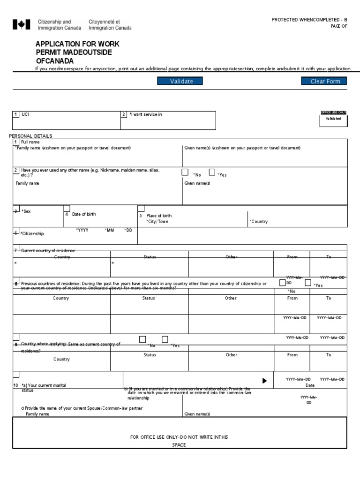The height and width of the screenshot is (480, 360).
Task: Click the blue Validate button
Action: tap(181, 81)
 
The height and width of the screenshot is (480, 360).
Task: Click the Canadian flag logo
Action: tap(21, 25)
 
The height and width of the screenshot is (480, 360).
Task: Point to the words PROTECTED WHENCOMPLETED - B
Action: tap(309, 19)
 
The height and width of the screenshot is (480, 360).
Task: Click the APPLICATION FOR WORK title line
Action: tap(77, 44)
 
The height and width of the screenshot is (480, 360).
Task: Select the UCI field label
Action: tap(26, 114)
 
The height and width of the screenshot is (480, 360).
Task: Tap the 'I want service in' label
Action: tap(146, 114)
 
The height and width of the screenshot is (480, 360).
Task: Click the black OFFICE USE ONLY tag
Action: tap(333, 112)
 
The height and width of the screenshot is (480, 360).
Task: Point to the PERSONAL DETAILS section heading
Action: tap(31, 136)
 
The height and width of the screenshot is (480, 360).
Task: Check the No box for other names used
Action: tap(185, 172)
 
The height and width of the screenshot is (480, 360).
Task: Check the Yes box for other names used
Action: tap(212, 172)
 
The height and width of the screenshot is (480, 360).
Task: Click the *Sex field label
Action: tap(26, 212)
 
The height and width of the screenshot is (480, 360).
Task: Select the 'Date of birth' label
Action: tap(84, 214)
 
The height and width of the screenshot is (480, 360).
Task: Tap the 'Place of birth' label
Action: tap(159, 216)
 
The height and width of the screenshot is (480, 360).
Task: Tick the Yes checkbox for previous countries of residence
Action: tap(308, 283)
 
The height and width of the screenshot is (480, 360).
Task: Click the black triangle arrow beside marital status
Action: tap(264, 381)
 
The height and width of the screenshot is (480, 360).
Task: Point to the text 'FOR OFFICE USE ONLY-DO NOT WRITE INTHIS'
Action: tap(179, 437)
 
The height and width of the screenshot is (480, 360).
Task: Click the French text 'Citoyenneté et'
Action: tap(104, 22)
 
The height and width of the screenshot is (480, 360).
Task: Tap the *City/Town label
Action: tap(157, 222)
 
